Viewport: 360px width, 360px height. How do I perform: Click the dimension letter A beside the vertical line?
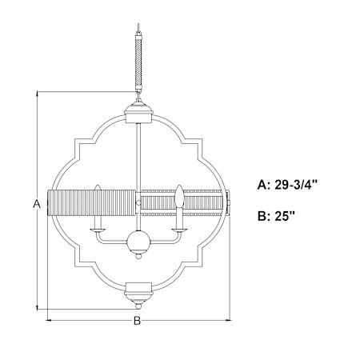click(37, 204)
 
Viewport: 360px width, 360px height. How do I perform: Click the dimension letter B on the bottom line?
click(137, 321)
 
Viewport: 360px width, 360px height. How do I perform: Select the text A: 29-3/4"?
click(288, 185)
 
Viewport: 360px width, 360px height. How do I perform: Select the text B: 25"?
click(276, 216)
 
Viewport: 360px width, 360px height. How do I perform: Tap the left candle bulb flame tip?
click(98, 185)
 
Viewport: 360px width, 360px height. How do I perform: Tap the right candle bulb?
click(179, 195)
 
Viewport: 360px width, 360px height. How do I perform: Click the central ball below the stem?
click(138, 242)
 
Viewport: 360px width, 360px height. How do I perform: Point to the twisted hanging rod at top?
click(138, 61)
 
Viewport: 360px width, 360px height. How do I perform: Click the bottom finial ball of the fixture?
click(138, 306)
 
